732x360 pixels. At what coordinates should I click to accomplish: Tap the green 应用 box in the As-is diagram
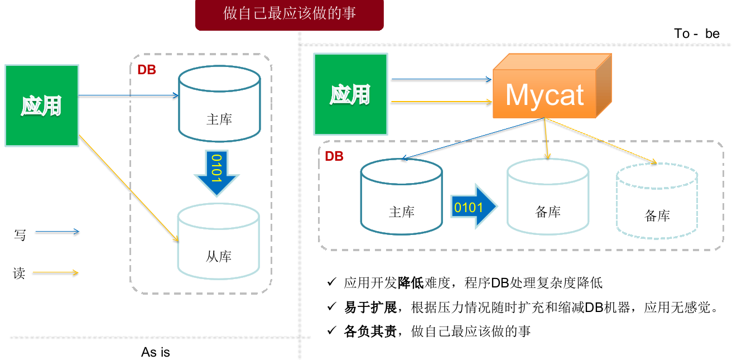click(x=42, y=105)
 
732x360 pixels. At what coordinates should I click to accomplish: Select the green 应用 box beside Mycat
click(x=350, y=94)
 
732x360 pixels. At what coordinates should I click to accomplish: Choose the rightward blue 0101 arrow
click(x=473, y=206)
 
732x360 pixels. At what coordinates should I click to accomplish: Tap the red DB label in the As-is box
click(x=147, y=70)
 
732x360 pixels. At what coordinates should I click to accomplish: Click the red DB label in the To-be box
click(x=334, y=156)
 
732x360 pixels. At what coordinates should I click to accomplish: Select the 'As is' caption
click(x=155, y=352)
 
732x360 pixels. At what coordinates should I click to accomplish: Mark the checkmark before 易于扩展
click(x=331, y=306)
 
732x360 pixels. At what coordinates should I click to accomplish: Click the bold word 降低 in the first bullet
click(x=411, y=282)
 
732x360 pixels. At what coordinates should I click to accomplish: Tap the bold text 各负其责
click(x=370, y=331)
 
